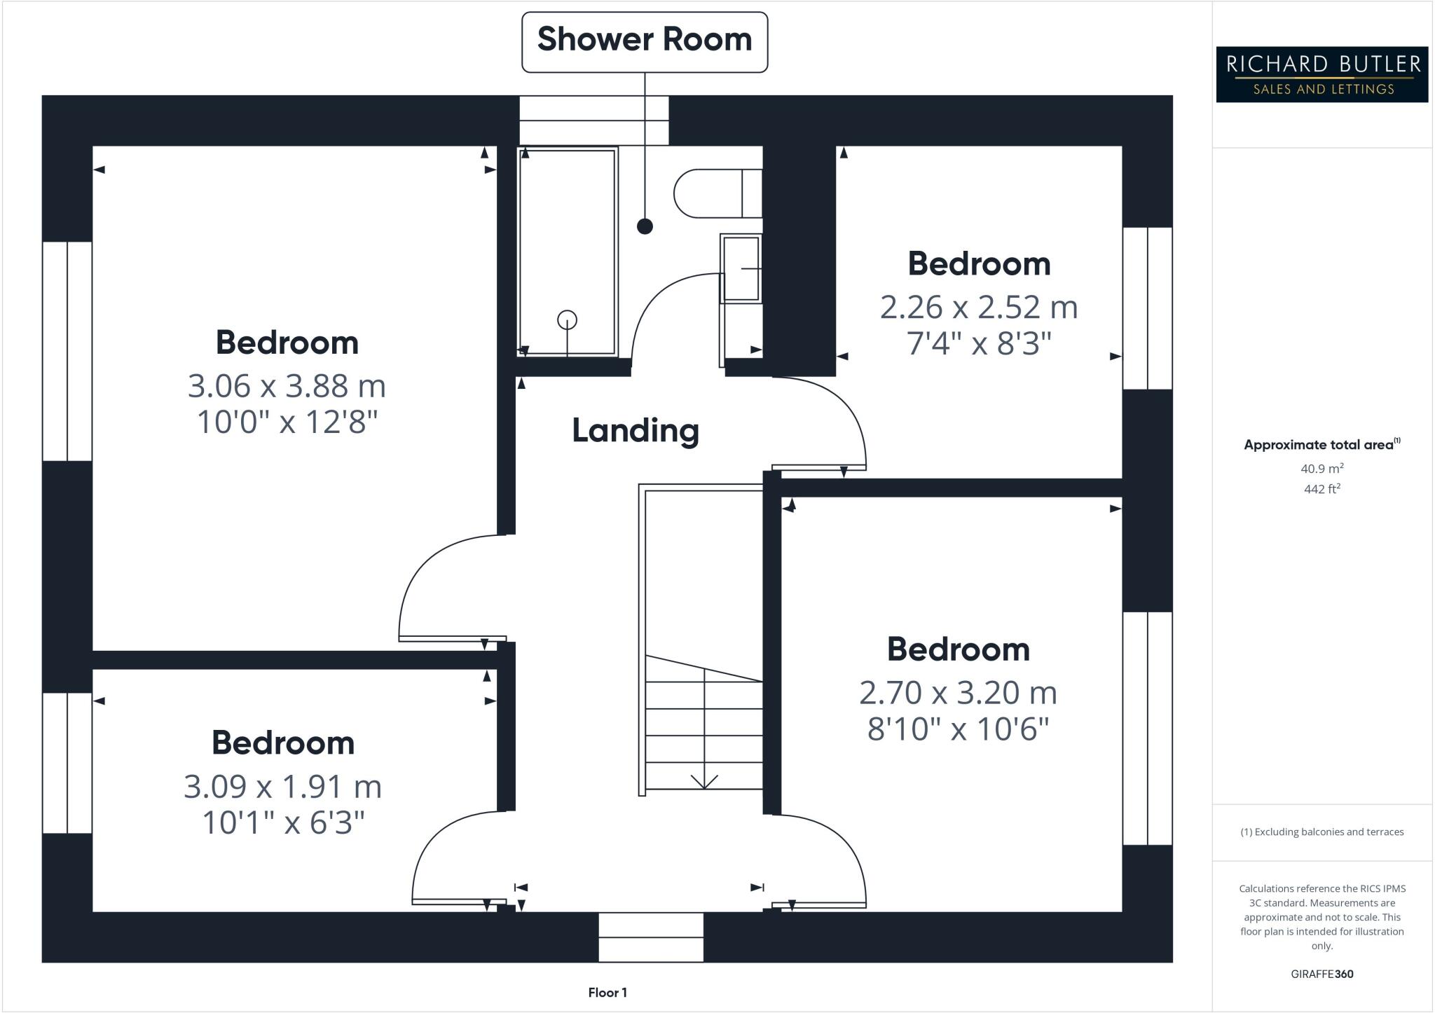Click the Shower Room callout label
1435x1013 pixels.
(644, 40)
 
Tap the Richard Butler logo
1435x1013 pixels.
(1321, 74)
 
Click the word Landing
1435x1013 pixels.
(636, 430)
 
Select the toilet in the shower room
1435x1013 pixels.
(715, 193)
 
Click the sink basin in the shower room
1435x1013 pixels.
(741, 269)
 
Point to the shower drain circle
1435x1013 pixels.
(567, 320)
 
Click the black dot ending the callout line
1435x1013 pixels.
(645, 226)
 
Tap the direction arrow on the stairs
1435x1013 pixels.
(703, 780)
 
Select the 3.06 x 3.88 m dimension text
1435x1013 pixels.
(287, 386)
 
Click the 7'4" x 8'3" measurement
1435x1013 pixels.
(979, 344)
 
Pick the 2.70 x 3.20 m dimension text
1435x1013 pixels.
(958, 693)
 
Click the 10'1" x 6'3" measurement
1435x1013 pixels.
(283, 822)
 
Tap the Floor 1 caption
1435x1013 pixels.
(607, 993)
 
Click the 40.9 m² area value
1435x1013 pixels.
(1321, 469)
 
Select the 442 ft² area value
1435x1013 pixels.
(1321, 489)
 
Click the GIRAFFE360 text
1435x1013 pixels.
(1321, 974)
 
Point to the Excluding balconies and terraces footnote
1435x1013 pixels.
(1321, 832)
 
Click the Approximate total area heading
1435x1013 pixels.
(1321, 444)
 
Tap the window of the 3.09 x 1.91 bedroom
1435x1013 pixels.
(67, 763)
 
